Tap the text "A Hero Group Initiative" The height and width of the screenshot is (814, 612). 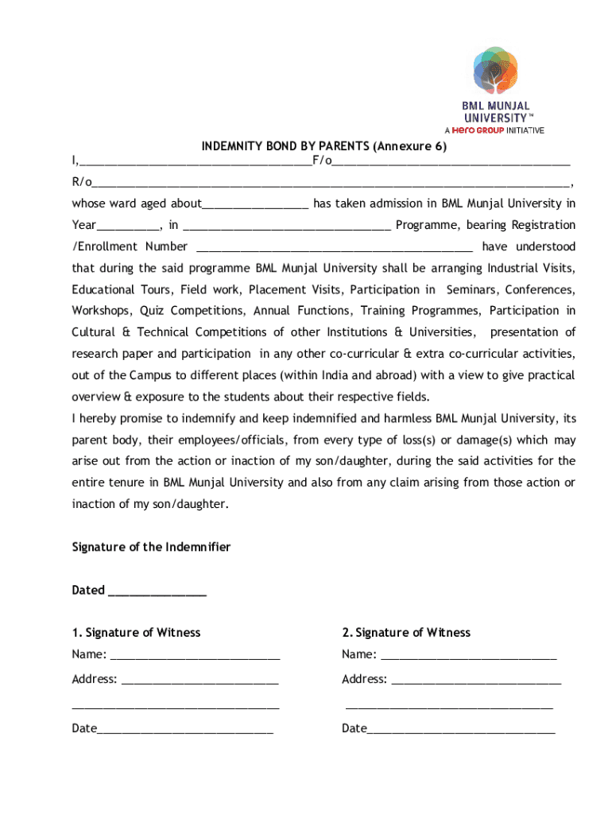[494, 130]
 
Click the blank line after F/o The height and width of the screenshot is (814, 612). [451, 162]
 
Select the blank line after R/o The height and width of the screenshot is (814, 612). [331, 184]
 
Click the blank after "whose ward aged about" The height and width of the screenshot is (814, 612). [255, 205]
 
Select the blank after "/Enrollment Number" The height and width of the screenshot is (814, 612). [334, 248]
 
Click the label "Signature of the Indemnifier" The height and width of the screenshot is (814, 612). [151, 547]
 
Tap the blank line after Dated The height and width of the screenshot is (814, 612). [157, 591]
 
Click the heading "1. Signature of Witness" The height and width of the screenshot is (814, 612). [136, 633]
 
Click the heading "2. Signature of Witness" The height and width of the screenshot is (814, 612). [406, 633]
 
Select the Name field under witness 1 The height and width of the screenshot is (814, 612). [195, 656]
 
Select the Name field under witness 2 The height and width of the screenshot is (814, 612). [468, 656]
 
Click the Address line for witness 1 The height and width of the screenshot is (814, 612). [199, 680]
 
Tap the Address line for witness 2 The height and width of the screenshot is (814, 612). [476, 680]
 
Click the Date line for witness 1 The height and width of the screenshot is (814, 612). [184, 730]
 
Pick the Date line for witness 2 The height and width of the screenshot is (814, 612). [461, 730]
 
